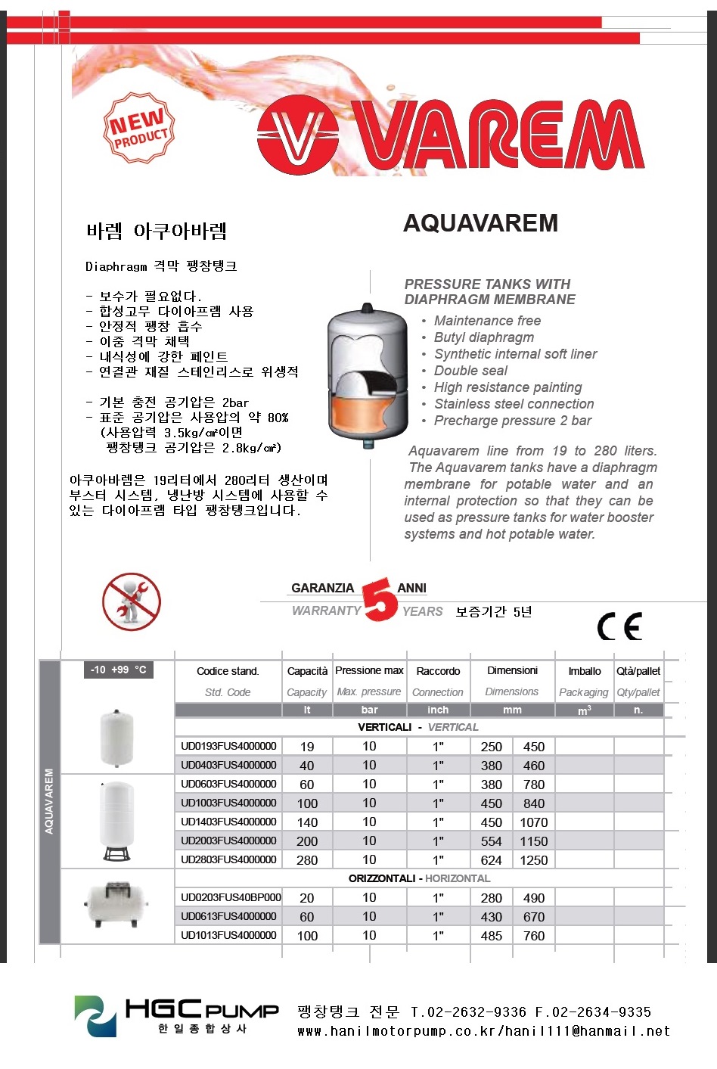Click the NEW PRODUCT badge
coord(139,128)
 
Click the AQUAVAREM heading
coord(480,223)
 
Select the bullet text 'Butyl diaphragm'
coord(483,337)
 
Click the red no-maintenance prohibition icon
coord(132,602)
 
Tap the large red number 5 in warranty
coord(380,600)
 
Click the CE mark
coord(619,626)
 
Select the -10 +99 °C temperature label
coord(118,670)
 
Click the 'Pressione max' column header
coord(369,671)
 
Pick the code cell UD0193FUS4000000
coord(228,747)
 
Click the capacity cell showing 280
coord(307,860)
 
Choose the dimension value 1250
coord(534,860)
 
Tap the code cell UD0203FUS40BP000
coord(231,898)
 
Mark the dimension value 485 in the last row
coord(491,936)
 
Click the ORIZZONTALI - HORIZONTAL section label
coord(419,879)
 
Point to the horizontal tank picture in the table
coord(116,904)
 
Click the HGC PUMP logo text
coord(201,1010)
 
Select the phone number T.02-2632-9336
coord(468,1012)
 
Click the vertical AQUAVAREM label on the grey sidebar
coord(49,802)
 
